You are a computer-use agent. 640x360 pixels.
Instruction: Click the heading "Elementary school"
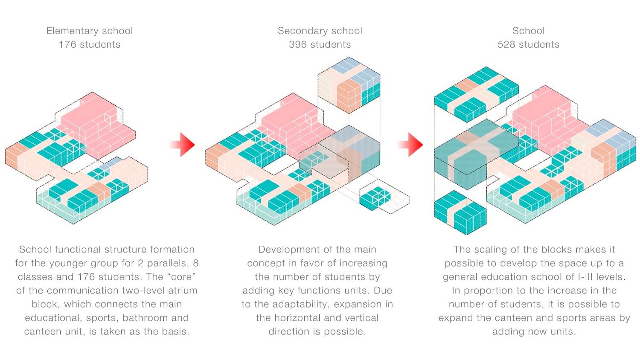(90, 31)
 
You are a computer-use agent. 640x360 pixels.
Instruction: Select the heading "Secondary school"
(320, 31)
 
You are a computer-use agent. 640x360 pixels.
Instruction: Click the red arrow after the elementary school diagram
(182, 144)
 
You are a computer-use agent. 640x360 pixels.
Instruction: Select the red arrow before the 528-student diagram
(410, 144)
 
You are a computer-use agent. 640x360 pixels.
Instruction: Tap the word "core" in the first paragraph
(181, 277)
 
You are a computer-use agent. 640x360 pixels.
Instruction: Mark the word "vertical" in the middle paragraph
(361, 318)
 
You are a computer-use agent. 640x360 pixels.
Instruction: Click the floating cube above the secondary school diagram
(349, 85)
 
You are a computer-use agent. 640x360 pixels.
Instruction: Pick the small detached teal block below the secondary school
(375, 198)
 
